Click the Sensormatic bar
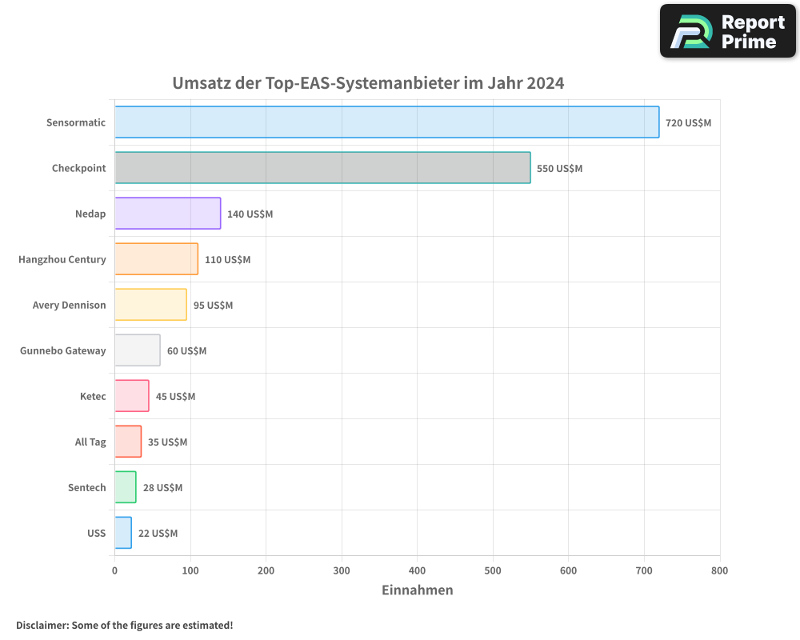pos(386,122)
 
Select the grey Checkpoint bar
pos(322,168)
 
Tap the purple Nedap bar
pos(167,214)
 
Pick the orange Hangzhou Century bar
pos(156,259)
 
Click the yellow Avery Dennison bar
pos(150,305)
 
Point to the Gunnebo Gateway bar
pos(137,350)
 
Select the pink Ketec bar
pos(131,396)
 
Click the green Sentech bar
pos(125,487)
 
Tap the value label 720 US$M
pos(688,123)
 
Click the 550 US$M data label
pos(559,169)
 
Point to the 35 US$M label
pos(167,442)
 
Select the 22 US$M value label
pos(158,534)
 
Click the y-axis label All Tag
pos(90,442)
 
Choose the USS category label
pos(96,534)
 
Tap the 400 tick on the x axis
pos(418,571)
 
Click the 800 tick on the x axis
pos(719,571)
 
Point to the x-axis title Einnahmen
pos(417,590)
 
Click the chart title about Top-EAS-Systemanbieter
pos(368,83)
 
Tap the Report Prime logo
pos(728,31)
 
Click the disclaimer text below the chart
pos(125,625)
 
